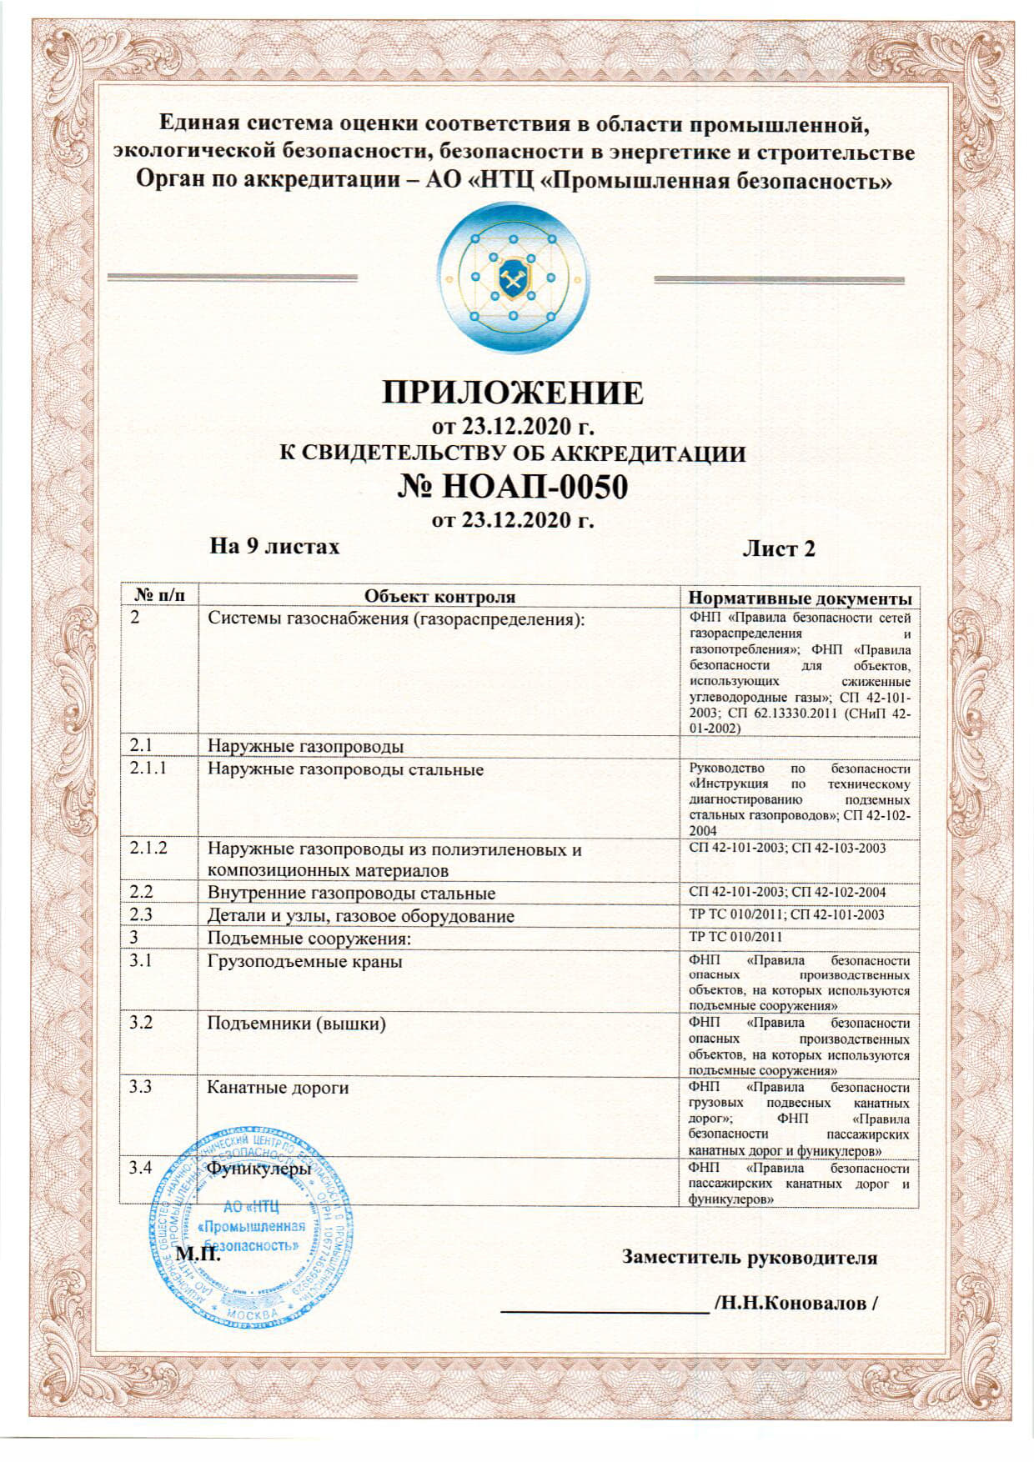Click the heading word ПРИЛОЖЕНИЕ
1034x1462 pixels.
513,392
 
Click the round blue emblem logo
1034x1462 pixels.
513,278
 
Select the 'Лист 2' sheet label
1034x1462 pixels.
778,548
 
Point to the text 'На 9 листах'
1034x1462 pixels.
274,546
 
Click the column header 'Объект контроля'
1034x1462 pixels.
439,597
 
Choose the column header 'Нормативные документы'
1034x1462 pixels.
799,598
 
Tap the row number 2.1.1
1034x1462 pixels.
148,768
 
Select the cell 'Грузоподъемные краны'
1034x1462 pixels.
305,961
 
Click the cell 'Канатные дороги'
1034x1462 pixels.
278,1088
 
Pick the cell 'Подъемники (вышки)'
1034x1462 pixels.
297,1024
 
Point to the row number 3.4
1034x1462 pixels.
141,1168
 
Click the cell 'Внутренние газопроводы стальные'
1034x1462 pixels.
351,894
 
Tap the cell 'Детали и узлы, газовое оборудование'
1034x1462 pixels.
360,916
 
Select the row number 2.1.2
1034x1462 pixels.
148,848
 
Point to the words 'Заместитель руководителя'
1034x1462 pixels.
750,1258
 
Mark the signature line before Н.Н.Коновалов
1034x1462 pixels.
604,1311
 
